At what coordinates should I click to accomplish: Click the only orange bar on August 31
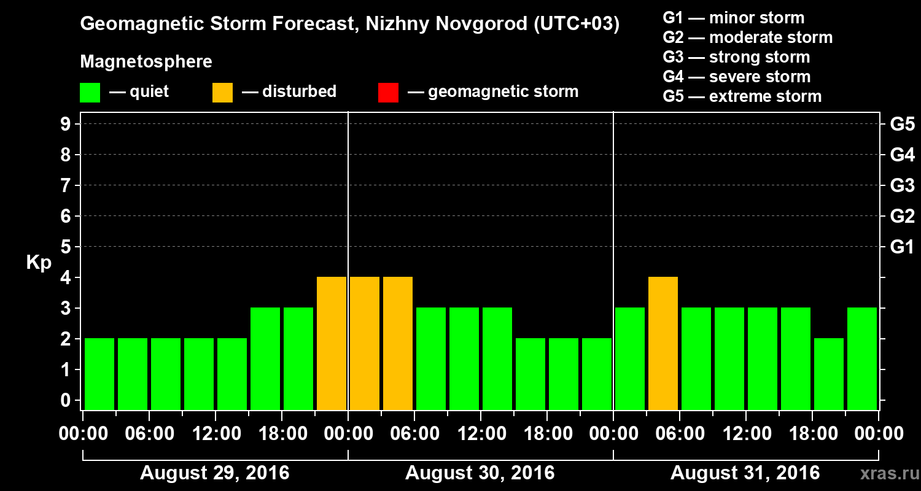tap(663, 343)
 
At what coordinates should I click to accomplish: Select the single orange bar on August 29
tap(332, 343)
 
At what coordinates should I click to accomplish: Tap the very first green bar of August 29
tap(99, 374)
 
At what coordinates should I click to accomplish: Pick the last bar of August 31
tap(862, 358)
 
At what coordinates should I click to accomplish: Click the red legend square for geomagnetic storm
tap(388, 93)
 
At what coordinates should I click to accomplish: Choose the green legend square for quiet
tap(90, 93)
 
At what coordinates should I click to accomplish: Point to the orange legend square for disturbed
tap(222, 93)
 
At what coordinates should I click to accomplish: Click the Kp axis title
tap(39, 263)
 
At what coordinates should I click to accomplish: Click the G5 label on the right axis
tap(902, 125)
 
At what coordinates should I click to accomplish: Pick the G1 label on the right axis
tap(902, 247)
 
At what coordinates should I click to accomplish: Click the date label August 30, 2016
tap(480, 473)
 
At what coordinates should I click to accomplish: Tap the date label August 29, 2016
tap(214, 473)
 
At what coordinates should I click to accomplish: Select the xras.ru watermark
tap(886, 473)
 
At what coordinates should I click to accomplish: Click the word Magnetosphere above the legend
tap(146, 62)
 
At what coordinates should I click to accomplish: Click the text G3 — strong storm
tap(736, 57)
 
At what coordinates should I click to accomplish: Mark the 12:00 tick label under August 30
tap(481, 434)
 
